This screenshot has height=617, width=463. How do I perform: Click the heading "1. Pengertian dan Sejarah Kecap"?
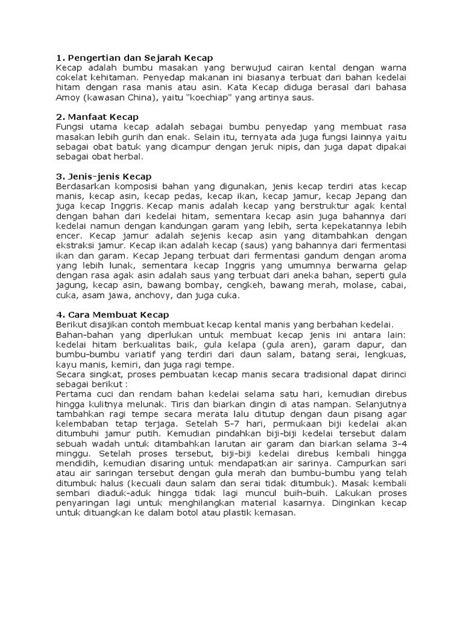pos(134,58)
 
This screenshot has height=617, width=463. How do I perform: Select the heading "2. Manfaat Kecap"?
pos(97,117)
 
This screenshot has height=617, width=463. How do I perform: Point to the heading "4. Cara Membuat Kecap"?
pos(113,315)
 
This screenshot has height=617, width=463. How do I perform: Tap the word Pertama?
pos(72,393)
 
